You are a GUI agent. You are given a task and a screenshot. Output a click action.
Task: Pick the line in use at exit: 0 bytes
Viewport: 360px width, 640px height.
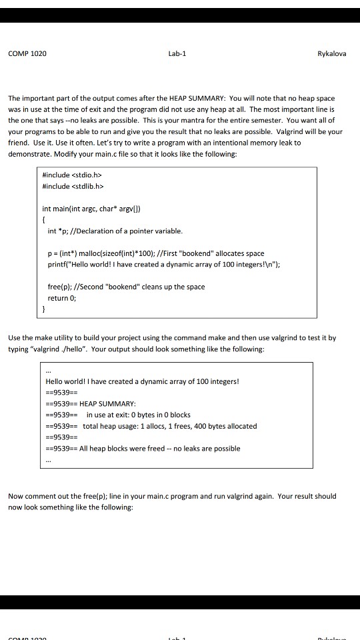pos(129,415)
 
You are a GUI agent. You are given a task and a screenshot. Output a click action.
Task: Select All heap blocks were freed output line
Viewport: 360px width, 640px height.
pos(160,449)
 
